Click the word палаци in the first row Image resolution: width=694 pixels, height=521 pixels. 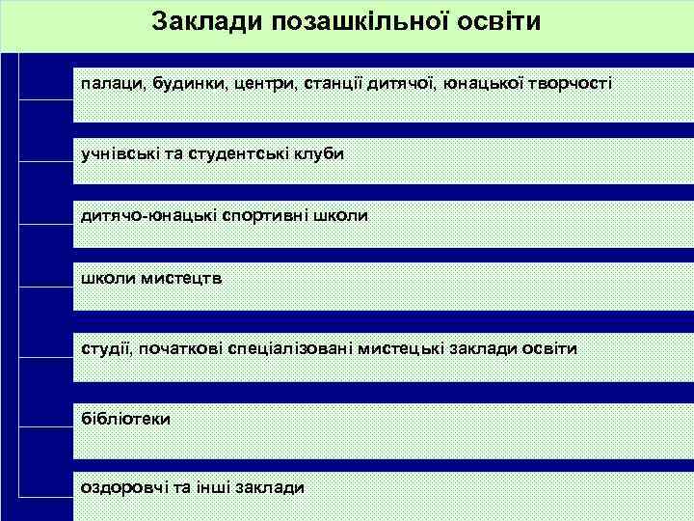click(x=110, y=84)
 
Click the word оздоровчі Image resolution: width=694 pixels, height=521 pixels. click(x=122, y=487)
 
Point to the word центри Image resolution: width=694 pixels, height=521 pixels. click(x=263, y=84)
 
